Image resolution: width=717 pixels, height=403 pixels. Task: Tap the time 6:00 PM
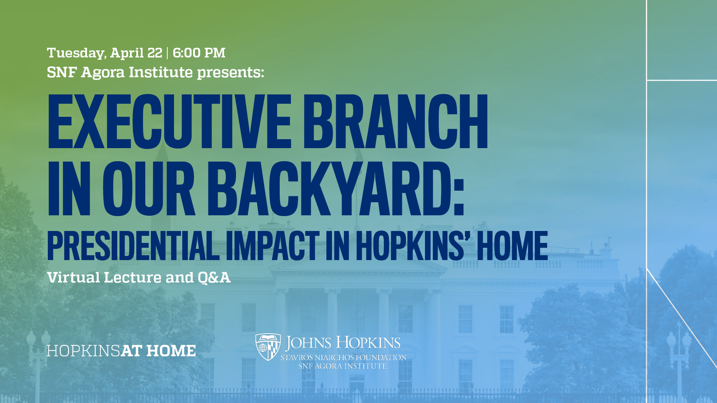tap(199, 53)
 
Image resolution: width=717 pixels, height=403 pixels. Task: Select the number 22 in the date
tap(155, 53)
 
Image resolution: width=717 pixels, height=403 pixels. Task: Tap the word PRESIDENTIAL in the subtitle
tap(133, 246)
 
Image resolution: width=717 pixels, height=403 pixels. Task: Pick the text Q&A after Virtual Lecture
tap(214, 278)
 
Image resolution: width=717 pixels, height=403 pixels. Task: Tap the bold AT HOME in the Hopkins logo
tap(158, 351)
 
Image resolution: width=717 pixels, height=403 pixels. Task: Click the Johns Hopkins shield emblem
tap(268, 347)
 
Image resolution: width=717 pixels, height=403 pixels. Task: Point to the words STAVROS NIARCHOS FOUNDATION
tap(343, 357)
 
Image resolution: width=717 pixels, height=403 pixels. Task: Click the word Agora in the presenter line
tap(102, 72)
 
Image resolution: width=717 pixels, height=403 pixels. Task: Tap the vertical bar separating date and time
tap(167, 53)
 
